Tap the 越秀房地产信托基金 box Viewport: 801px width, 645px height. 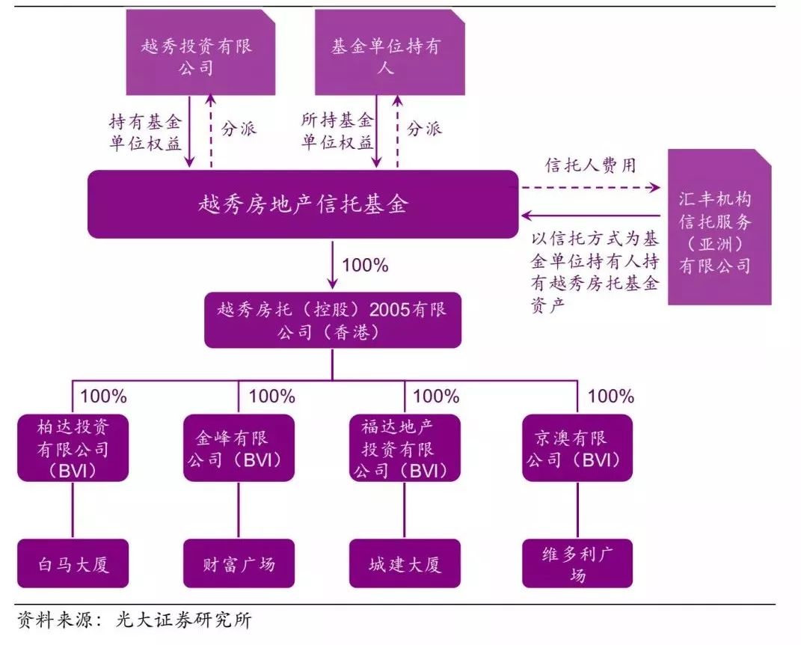click(x=303, y=204)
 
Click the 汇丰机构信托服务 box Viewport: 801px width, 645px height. click(x=719, y=227)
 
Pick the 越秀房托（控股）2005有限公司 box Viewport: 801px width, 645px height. click(x=333, y=320)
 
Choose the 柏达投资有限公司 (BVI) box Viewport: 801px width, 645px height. click(x=73, y=447)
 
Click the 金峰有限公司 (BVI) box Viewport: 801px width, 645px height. click(x=238, y=447)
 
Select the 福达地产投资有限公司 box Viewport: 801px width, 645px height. click(x=405, y=447)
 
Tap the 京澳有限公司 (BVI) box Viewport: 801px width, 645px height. click(x=577, y=447)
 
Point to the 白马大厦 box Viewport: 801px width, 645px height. click(x=73, y=563)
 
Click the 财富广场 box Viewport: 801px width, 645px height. click(x=238, y=563)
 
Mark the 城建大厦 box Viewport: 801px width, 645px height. click(x=405, y=563)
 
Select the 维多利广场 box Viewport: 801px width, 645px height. click(x=577, y=563)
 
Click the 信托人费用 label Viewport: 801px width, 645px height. click(x=591, y=165)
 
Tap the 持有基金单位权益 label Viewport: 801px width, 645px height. click(x=146, y=131)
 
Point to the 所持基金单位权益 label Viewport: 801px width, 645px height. click(x=337, y=131)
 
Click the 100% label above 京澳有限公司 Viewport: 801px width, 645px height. click(x=611, y=396)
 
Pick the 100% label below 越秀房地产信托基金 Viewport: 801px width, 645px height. click(x=364, y=265)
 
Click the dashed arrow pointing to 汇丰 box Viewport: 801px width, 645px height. click(x=591, y=187)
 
